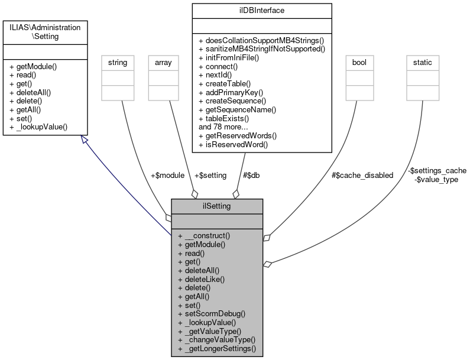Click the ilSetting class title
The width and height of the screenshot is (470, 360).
217,206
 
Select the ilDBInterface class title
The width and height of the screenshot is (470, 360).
262,11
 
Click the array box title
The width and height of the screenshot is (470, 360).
163,62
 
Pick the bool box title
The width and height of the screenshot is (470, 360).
359,62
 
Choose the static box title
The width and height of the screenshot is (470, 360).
422,62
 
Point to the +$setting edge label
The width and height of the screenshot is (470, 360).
210,175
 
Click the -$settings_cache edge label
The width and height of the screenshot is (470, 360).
437,170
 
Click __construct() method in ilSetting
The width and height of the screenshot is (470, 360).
205,235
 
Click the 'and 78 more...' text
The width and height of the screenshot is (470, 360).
225,127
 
